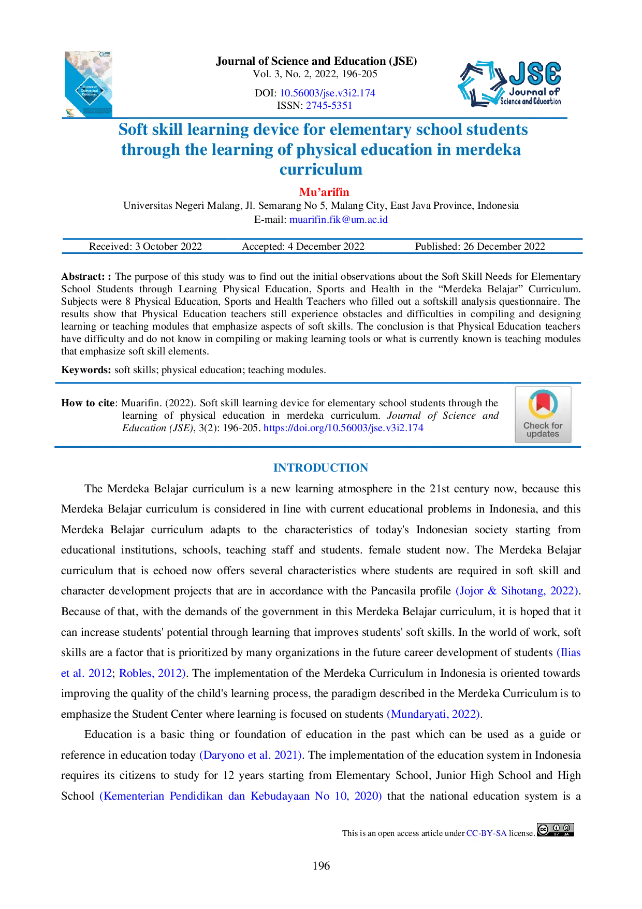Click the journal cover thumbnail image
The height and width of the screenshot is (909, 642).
click(x=89, y=83)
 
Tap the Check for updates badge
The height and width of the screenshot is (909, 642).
click(x=543, y=415)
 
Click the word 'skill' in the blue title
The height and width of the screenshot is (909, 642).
click(x=167, y=129)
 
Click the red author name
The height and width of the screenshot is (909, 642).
click(x=325, y=192)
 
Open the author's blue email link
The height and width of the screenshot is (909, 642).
click(x=339, y=219)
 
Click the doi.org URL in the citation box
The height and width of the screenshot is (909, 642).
click(x=344, y=428)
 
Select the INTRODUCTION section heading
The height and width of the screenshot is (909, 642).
click(x=321, y=467)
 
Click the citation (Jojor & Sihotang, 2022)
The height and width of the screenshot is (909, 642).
click(x=517, y=591)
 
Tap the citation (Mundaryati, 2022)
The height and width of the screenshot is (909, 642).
click(x=433, y=714)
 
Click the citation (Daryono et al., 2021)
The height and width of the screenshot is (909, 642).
click(x=251, y=755)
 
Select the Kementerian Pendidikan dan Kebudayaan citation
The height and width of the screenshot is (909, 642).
click(x=241, y=796)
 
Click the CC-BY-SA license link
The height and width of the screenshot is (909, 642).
click(x=486, y=833)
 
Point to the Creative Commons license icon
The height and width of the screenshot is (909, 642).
click(x=556, y=830)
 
